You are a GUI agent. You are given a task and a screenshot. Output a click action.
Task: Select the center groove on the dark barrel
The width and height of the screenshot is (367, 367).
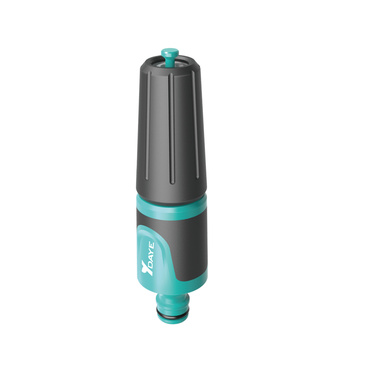coord(171,128)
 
